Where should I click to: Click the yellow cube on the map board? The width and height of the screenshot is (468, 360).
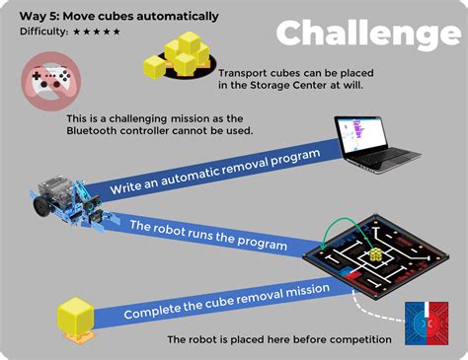tap(375, 256)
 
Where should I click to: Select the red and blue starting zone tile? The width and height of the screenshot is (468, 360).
tap(426, 324)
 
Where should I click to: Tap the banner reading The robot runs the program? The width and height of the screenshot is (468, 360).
tap(210, 238)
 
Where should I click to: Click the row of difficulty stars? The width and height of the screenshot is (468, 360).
tap(97, 32)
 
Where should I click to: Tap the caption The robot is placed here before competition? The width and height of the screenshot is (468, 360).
tap(279, 340)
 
